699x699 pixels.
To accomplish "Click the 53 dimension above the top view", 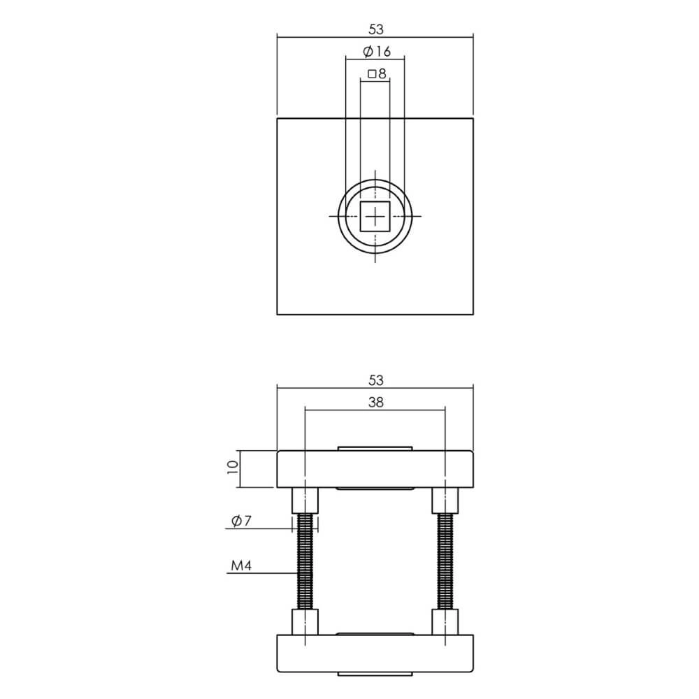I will (376, 29).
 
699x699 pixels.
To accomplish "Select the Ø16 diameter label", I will (377, 52).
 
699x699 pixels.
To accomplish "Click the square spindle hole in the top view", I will (375, 217).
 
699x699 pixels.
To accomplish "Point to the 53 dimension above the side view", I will (376, 380).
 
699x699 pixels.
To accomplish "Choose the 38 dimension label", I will (375, 402).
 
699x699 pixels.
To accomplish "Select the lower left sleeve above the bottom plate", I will (305, 621).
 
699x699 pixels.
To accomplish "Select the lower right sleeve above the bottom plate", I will (445, 621).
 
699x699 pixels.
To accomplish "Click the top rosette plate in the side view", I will (375, 469).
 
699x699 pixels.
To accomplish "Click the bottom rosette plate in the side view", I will (375, 653).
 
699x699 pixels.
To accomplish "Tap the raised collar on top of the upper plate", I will (375, 447).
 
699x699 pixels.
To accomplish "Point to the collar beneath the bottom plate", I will (375, 675).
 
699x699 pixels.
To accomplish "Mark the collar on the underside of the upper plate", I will (375, 489).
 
